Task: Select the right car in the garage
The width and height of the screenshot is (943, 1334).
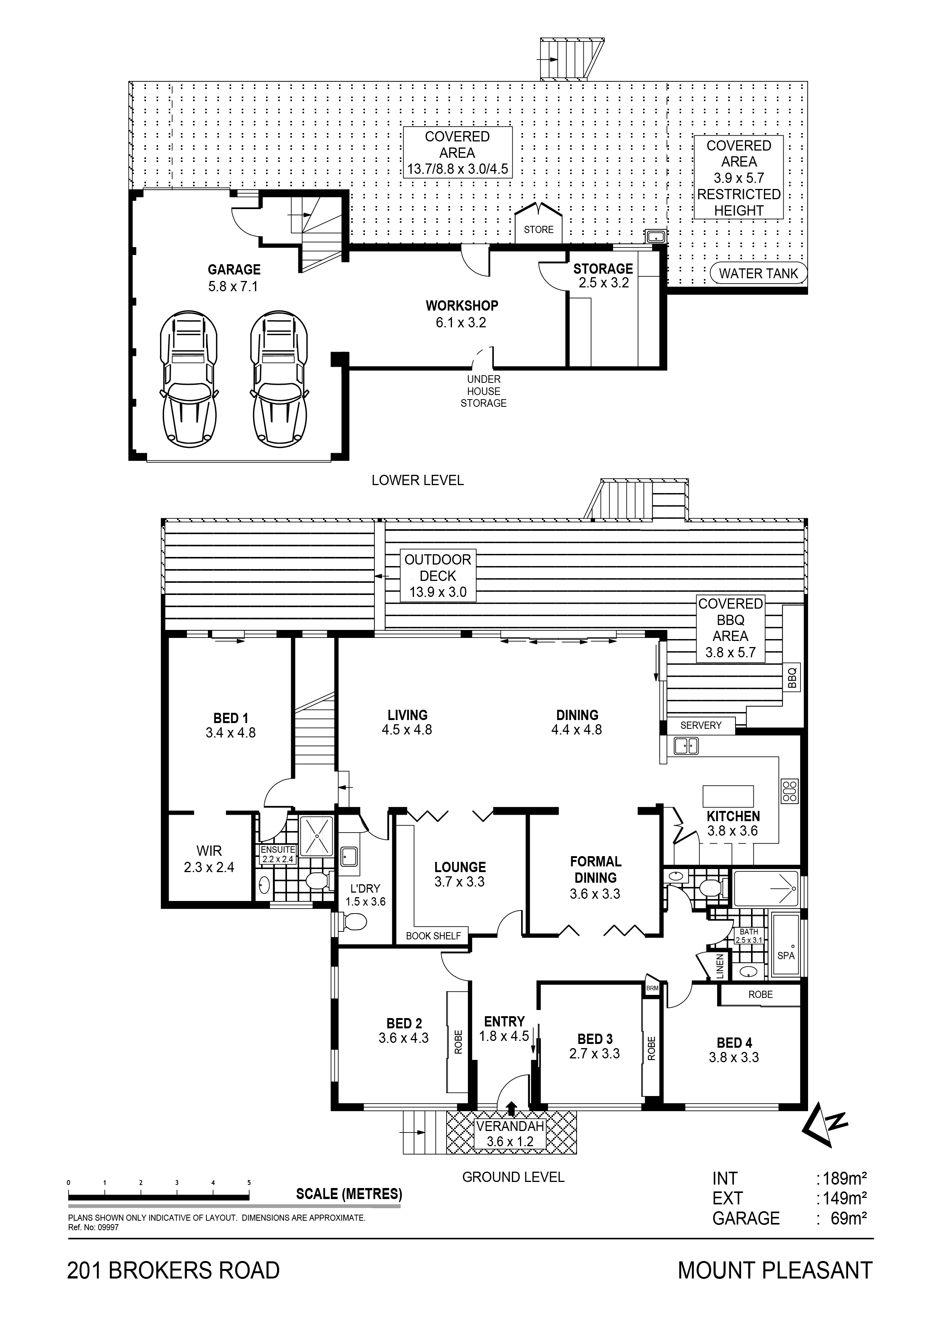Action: [280, 376]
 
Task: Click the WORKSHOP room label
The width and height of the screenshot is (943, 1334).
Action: [462, 306]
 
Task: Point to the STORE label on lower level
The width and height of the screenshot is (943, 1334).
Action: [539, 230]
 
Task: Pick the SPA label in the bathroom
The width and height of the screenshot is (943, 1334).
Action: [786, 955]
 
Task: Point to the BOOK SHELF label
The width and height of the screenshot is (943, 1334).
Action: [433, 936]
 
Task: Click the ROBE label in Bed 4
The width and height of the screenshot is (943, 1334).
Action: [761, 995]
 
